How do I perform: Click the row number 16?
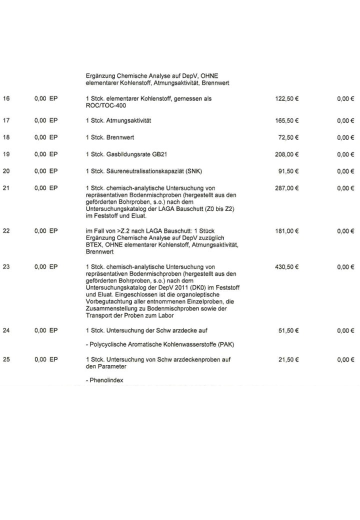pyautogui.click(x=6, y=99)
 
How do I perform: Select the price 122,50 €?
pyautogui.click(x=287, y=99)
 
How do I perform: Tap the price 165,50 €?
pyautogui.click(x=287, y=120)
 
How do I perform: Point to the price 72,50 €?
pyautogui.click(x=288, y=137)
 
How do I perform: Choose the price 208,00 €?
pyautogui.click(x=287, y=154)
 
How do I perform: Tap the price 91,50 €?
pyautogui.click(x=288, y=171)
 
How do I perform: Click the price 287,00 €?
pyautogui.click(x=287, y=188)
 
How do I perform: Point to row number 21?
pyautogui.click(x=6, y=188)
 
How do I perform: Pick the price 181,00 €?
pyautogui.click(x=287, y=231)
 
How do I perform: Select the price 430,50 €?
pyautogui.click(x=287, y=267)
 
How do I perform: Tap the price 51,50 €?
pyautogui.click(x=288, y=330)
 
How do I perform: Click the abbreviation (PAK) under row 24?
pyautogui.click(x=226, y=345)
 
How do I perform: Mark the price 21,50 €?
pyautogui.click(x=288, y=359)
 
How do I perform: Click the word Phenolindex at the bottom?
pyautogui.click(x=106, y=380)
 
